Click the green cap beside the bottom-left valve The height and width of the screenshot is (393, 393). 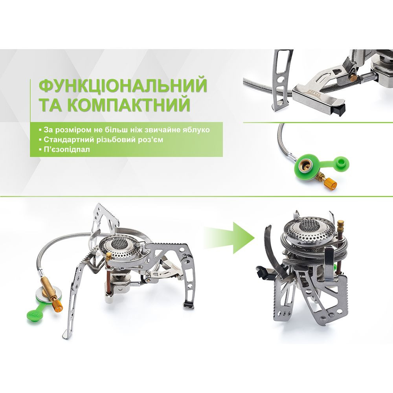tap(35, 314)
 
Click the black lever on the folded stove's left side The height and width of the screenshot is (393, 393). tap(260, 270)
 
